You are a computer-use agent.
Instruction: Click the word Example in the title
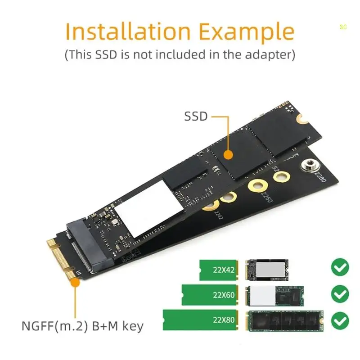pyautogui.click(x=247, y=31)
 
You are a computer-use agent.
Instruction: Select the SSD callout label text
pyautogui.click(x=196, y=117)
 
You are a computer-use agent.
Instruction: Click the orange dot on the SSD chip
pyautogui.click(x=229, y=155)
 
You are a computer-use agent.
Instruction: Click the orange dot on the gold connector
pyautogui.click(x=75, y=283)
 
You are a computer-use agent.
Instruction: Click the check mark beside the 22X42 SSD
pyautogui.click(x=340, y=268)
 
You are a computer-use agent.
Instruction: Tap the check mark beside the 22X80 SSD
pyautogui.click(x=340, y=321)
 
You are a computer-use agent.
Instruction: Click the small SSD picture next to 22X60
pyautogui.click(x=274, y=295)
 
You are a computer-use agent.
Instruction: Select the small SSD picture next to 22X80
pyautogui.click(x=283, y=320)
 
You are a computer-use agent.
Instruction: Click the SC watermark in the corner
pyautogui.click(x=343, y=27)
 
